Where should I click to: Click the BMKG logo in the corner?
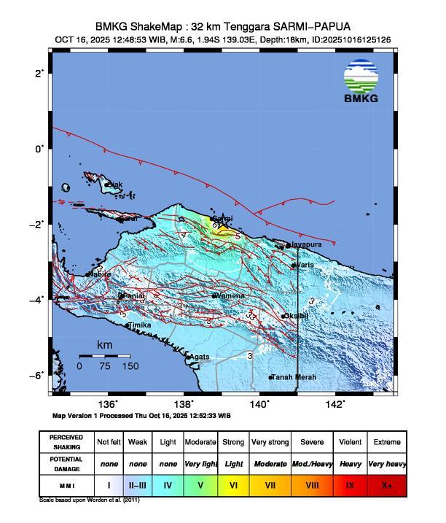point(361,82)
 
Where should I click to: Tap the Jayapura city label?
point(305,244)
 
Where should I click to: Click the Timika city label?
point(139,325)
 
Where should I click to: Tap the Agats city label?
point(199,356)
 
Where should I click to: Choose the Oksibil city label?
point(297,316)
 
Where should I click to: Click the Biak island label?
point(115,185)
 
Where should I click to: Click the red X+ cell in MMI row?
point(386,484)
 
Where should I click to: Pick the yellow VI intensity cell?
point(234,484)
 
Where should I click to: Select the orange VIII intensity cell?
point(311,484)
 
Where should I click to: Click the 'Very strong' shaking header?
point(270,442)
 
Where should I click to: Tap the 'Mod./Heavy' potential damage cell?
point(311,463)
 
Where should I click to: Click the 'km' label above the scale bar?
point(105,344)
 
